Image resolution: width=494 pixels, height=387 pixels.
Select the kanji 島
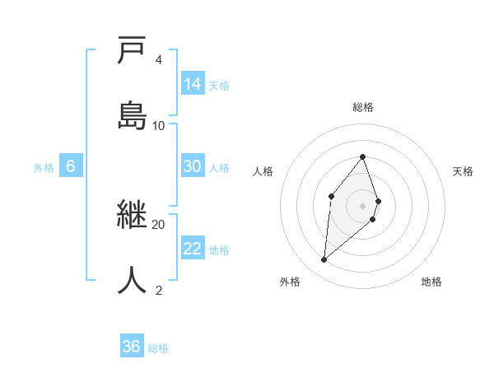[x=132, y=115]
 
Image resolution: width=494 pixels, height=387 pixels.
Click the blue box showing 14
[x=193, y=84]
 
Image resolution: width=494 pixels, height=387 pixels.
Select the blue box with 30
[x=192, y=166]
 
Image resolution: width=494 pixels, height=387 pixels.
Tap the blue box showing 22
[x=193, y=249]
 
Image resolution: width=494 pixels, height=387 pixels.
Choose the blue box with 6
[x=71, y=166]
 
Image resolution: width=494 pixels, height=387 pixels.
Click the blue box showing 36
[x=132, y=347]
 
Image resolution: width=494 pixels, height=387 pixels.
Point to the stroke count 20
[x=159, y=224]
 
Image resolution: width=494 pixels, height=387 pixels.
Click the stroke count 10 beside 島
[x=159, y=125]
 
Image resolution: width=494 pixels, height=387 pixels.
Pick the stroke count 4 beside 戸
[x=159, y=60]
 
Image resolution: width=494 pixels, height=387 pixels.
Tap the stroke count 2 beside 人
[x=159, y=290]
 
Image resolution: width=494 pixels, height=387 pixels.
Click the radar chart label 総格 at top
[x=363, y=107]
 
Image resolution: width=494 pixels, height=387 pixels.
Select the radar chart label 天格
[x=464, y=171]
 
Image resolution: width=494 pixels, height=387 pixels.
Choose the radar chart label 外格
[x=290, y=282]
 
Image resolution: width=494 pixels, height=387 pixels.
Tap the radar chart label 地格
[x=431, y=282]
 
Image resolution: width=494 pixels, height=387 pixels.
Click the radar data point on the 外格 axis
[x=324, y=259]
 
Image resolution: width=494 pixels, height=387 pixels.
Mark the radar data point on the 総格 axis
[x=363, y=156]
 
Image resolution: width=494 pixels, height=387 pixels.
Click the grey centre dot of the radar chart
[x=363, y=205]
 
